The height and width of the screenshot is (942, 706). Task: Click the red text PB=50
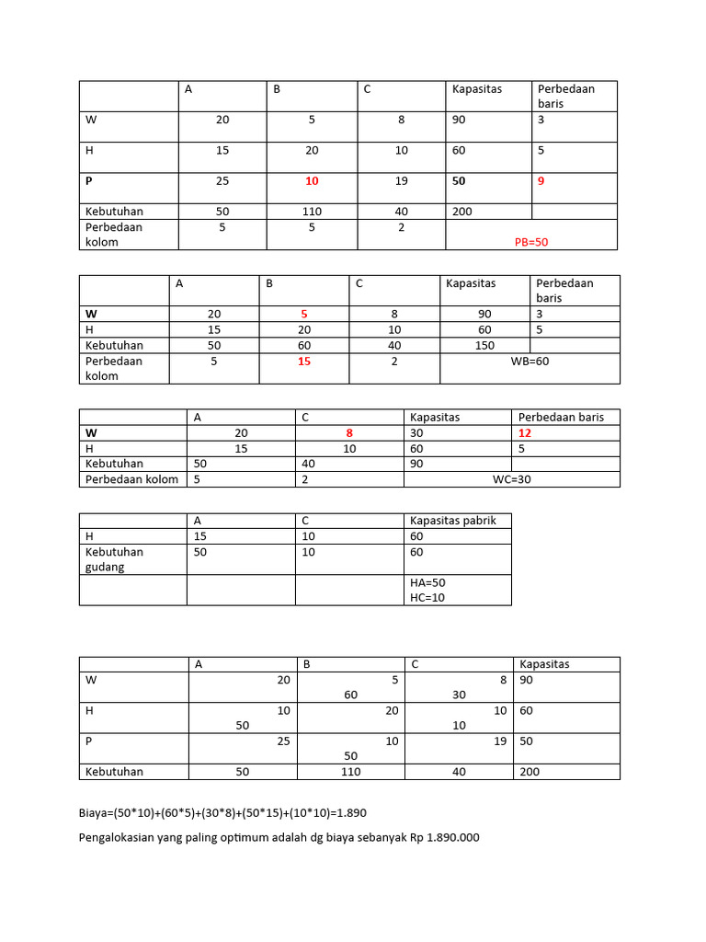531,242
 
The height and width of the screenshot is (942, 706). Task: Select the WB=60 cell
529,361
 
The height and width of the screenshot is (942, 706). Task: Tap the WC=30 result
512,478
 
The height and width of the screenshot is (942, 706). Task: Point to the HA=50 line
427,582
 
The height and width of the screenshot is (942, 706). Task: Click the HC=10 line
427,597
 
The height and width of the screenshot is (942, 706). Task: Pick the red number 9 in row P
541,181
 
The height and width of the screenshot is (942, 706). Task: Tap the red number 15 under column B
304,361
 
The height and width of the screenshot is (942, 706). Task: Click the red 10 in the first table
312,181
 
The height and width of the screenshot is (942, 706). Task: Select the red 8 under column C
349,432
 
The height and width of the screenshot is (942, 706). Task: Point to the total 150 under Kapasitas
484,345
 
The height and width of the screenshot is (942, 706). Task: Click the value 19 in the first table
401,181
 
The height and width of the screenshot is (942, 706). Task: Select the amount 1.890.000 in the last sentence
452,837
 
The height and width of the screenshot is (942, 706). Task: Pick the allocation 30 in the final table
460,695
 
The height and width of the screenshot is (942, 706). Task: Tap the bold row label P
89,181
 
